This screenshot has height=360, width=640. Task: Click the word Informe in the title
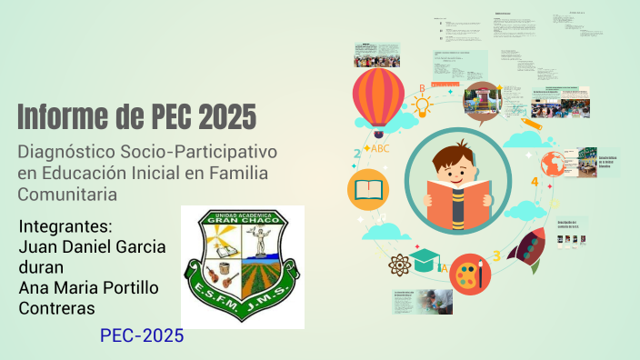(66, 117)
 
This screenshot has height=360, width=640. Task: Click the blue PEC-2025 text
(142, 336)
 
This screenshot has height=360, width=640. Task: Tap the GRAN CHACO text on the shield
(243, 219)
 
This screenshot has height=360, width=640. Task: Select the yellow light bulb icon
(421, 106)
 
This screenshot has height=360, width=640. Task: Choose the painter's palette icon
(470, 272)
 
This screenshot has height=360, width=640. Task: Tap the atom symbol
(400, 265)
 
